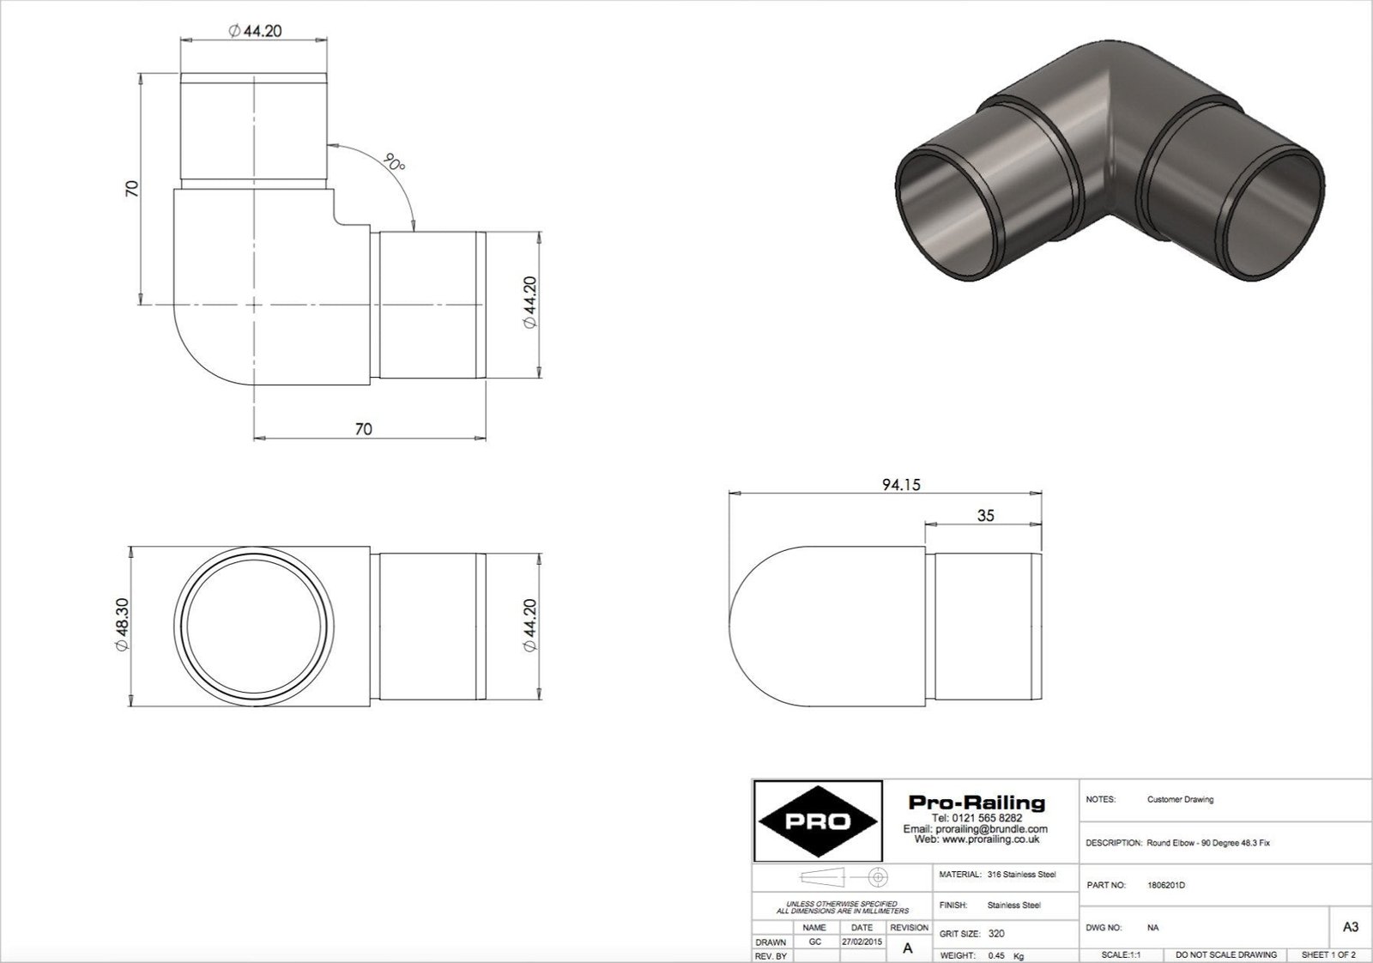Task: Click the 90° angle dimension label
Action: click(394, 163)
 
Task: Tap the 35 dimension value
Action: click(986, 516)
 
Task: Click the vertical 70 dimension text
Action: click(131, 189)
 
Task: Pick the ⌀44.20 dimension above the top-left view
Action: click(255, 31)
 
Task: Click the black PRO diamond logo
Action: click(817, 821)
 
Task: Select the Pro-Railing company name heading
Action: click(977, 802)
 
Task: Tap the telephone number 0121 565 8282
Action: click(977, 818)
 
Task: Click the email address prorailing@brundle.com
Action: click(976, 829)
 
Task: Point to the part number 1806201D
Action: click(1165, 885)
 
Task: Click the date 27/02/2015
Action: click(862, 942)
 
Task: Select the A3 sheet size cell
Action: click(1349, 927)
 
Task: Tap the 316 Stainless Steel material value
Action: click(1021, 875)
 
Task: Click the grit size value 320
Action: click(996, 933)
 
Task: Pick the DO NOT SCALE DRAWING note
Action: click(1225, 954)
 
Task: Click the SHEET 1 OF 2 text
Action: click(1328, 954)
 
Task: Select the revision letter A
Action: click(908, 948)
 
